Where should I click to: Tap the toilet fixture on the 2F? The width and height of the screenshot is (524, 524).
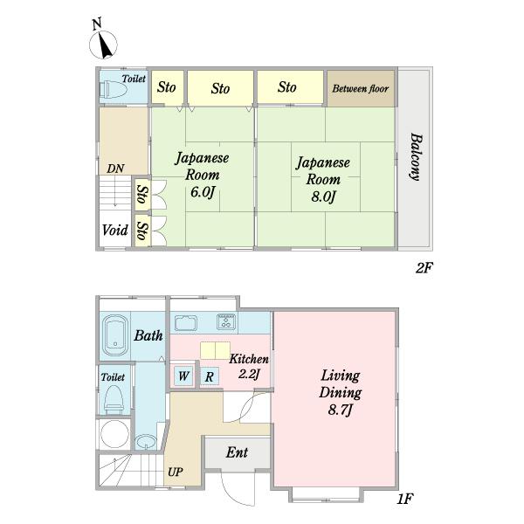click(x=113, y=90)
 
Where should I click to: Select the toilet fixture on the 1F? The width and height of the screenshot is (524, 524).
click(x=114, y=399)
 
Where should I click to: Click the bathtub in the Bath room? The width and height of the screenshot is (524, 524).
click(x=115, y=336)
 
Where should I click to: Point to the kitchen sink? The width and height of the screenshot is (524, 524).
click(x=186, y=323)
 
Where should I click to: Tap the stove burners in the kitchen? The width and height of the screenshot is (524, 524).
click(x=226, y=321)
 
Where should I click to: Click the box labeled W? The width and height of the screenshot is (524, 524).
click(x=183, y=376)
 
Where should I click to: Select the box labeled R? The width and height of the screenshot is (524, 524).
click(x=210, y=376)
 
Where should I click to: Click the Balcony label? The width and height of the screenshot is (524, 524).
click(x=416, y=157)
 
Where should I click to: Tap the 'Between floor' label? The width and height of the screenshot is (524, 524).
click(x=360, y=88)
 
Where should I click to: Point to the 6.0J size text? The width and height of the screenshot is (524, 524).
click(x=203, y=192)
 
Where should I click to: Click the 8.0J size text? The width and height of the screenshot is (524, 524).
click(x=323, y=196)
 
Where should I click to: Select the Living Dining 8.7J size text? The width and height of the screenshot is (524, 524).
click(x=341, y=410)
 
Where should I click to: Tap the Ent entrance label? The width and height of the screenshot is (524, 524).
click(x=237, y=452)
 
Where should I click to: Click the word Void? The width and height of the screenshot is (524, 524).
click(x=115, y=230)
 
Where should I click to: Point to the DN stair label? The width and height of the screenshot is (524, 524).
click(x=115, y=169)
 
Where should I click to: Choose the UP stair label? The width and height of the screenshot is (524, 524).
click(x=176, y=472)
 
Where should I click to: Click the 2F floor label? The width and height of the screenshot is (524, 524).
click(x=424, y=268)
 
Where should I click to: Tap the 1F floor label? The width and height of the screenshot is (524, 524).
click(x=405, y=500)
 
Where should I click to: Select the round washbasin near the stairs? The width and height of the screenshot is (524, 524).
click(x=145, y=442)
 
